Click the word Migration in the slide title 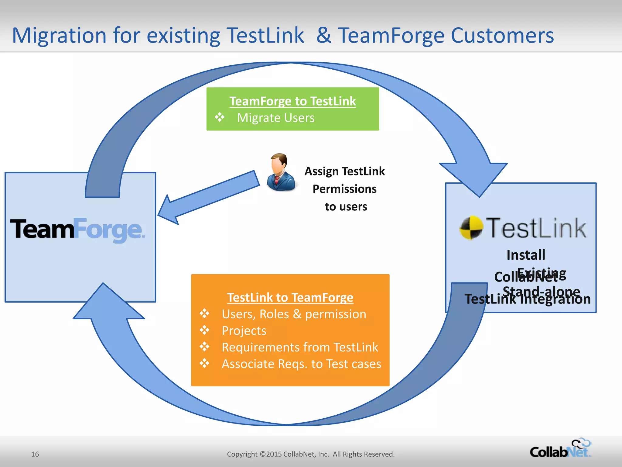[x=59, y=36]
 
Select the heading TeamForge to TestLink [x=292, y=101]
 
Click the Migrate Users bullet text [x=275, y=118]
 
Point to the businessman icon [x=281, y=172]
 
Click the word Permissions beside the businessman [x=344, y=189]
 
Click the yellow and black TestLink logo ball [x=471, y=228]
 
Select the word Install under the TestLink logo [x=526, y=255]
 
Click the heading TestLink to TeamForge [x=290, y=297]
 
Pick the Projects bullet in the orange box [x=244, y=331]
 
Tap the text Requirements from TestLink [x=300, y=347]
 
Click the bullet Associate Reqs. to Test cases [x=301, y=364]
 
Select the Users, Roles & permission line [x=294, y=314]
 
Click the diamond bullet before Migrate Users [x=220, y=117]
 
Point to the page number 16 [x=35, y=454]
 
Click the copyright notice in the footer [x=310, y=454]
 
